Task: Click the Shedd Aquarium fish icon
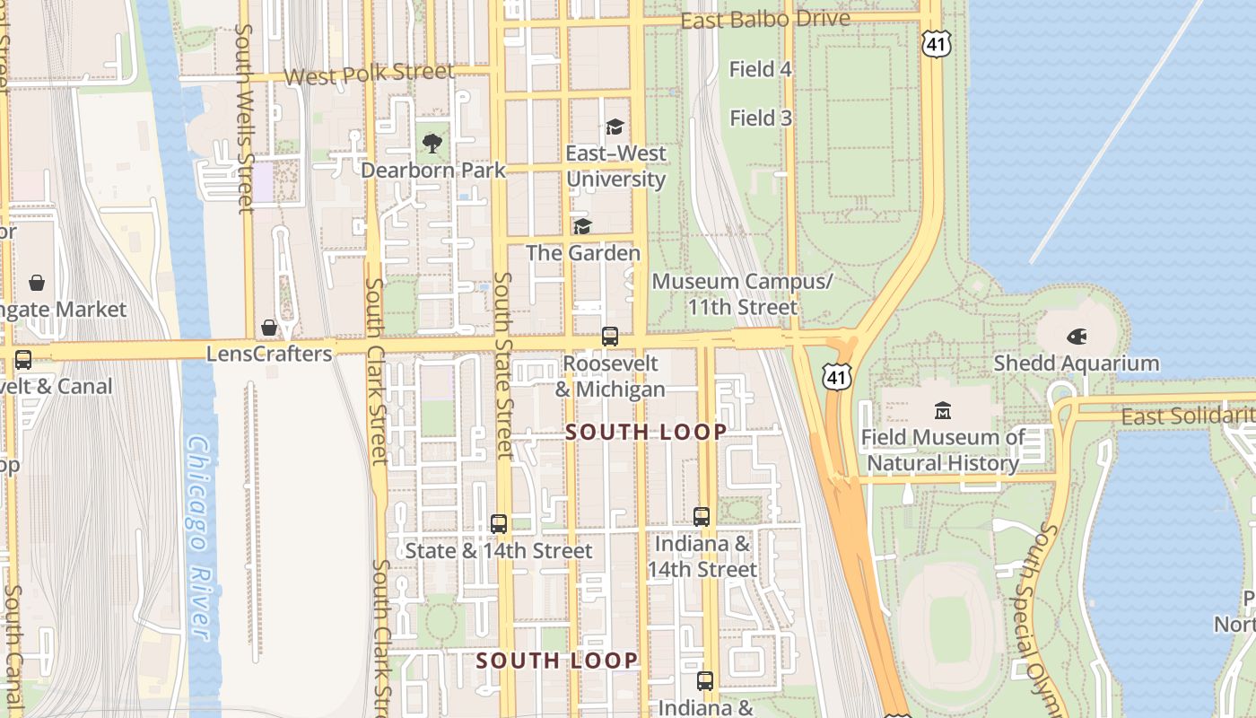click(x=1077, y=337)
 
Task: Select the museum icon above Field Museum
click(x=942, y=411)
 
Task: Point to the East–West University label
click(x=615, y=166)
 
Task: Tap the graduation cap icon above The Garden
click(x=582, y=226)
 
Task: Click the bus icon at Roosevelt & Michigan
click(x=610, y=337)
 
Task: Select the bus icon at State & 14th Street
click(x=499, y=524)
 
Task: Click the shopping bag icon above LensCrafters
click(x=268, y=328)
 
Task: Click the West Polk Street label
click(x=369, y=74)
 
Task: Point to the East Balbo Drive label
click(x=765, y=20)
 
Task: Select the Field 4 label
click(x=760, y=69)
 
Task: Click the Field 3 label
click(x=760, y=118)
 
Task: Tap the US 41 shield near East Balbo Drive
click(x=935, y=42)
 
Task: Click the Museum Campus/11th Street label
click(x=742, y=294)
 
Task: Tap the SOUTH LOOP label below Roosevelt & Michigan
click(x=646, y=432)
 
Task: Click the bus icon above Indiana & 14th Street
click(x=702, y=517)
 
